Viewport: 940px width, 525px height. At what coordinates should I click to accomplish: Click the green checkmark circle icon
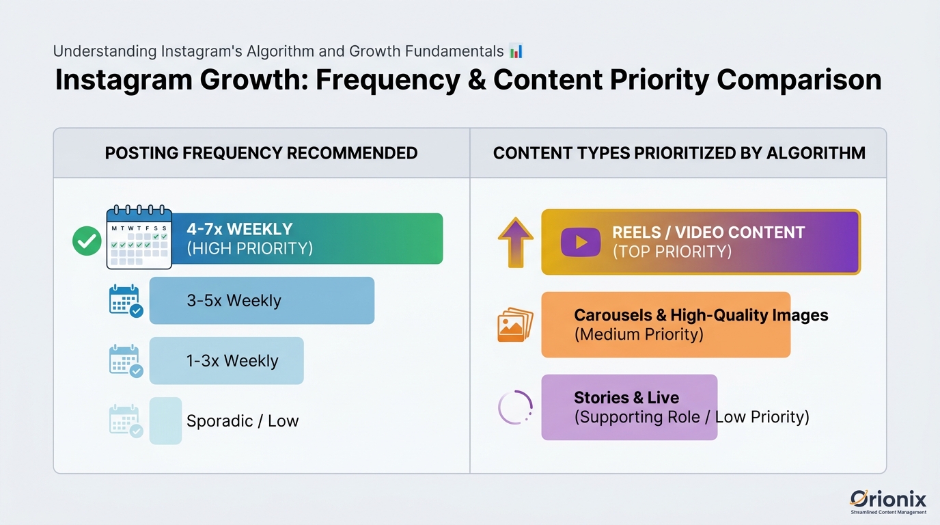point(87,241)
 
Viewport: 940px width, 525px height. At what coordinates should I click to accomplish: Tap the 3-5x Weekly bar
point(262,301)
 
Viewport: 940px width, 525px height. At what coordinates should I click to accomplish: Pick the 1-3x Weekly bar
point(226,361)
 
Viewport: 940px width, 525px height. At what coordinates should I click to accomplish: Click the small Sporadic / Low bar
point(165,421)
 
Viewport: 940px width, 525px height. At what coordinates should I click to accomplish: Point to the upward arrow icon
point(515,242)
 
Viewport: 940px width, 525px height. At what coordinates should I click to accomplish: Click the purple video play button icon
point(580,242)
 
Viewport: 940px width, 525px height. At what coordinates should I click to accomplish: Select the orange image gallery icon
point(515,324)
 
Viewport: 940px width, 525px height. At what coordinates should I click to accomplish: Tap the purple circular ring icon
point(515,408)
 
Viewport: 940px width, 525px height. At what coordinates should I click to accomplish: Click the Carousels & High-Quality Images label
point(701,315)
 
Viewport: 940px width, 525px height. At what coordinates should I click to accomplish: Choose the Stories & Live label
point(626,398)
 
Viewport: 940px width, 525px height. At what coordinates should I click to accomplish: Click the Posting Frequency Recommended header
point(261,153)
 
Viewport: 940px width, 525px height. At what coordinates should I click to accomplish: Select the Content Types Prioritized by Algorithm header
point(679,153)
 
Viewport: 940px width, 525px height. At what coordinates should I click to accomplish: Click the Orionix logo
point(888,500)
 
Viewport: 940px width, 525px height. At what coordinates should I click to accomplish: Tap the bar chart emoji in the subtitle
point(516,51)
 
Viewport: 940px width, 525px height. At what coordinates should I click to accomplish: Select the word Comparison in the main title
point(799,80)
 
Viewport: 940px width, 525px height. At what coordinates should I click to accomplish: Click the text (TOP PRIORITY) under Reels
point(672,252)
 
